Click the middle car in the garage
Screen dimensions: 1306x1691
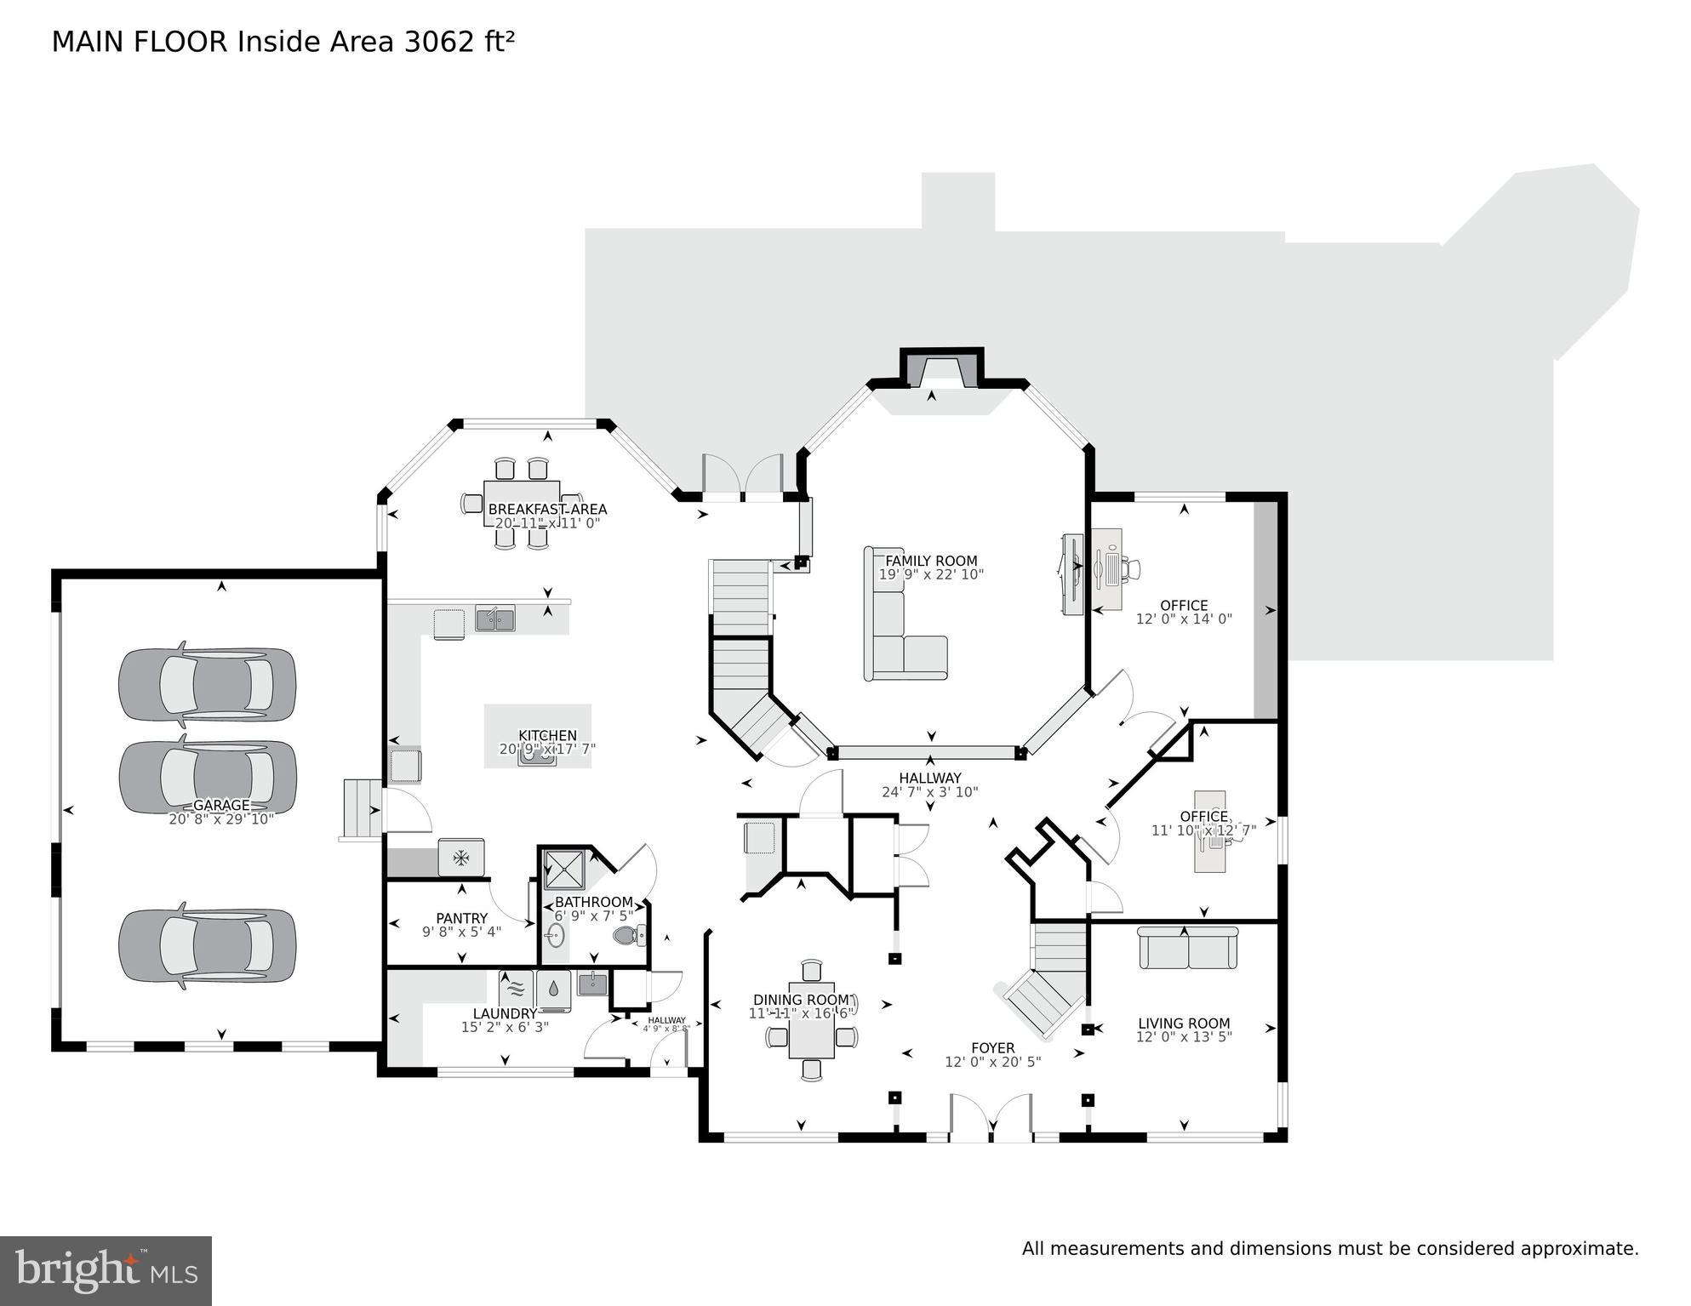[x=208, y=776]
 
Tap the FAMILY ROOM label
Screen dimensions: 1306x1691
[x=931, y=561]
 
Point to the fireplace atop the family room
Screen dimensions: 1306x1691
[x=941, y=369]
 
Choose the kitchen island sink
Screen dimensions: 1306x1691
[x=538, y=755]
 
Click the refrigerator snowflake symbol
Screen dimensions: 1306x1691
[x=461, y=858]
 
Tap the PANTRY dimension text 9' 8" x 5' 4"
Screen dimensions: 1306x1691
[x=461, y=932]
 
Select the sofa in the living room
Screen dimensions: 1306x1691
[x=1188, y=948]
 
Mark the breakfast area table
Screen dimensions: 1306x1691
[x=521, y=504]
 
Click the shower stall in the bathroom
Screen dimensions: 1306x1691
[x=563, y=869]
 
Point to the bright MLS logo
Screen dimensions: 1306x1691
[x=106, y=1270]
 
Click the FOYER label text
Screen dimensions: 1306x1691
[x=992, y=1048]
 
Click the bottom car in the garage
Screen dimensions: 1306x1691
[x=208, y=945]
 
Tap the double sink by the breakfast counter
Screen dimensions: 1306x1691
[x=494, y=619]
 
